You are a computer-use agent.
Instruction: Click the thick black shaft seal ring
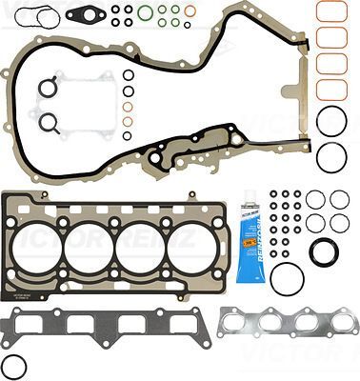(324, 252)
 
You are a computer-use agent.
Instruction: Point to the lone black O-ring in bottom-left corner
(13, 366)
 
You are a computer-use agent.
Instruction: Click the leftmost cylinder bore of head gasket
(38, 247)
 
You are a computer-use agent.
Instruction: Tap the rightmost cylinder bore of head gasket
(190, 247)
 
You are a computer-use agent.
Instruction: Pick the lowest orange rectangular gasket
(330, 90)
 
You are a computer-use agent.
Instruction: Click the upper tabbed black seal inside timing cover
(48, 89)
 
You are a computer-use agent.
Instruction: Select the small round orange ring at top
(189, 10)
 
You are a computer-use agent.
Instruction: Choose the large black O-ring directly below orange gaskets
(330, 121)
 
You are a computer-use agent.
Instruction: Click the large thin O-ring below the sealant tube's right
(287, 278)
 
